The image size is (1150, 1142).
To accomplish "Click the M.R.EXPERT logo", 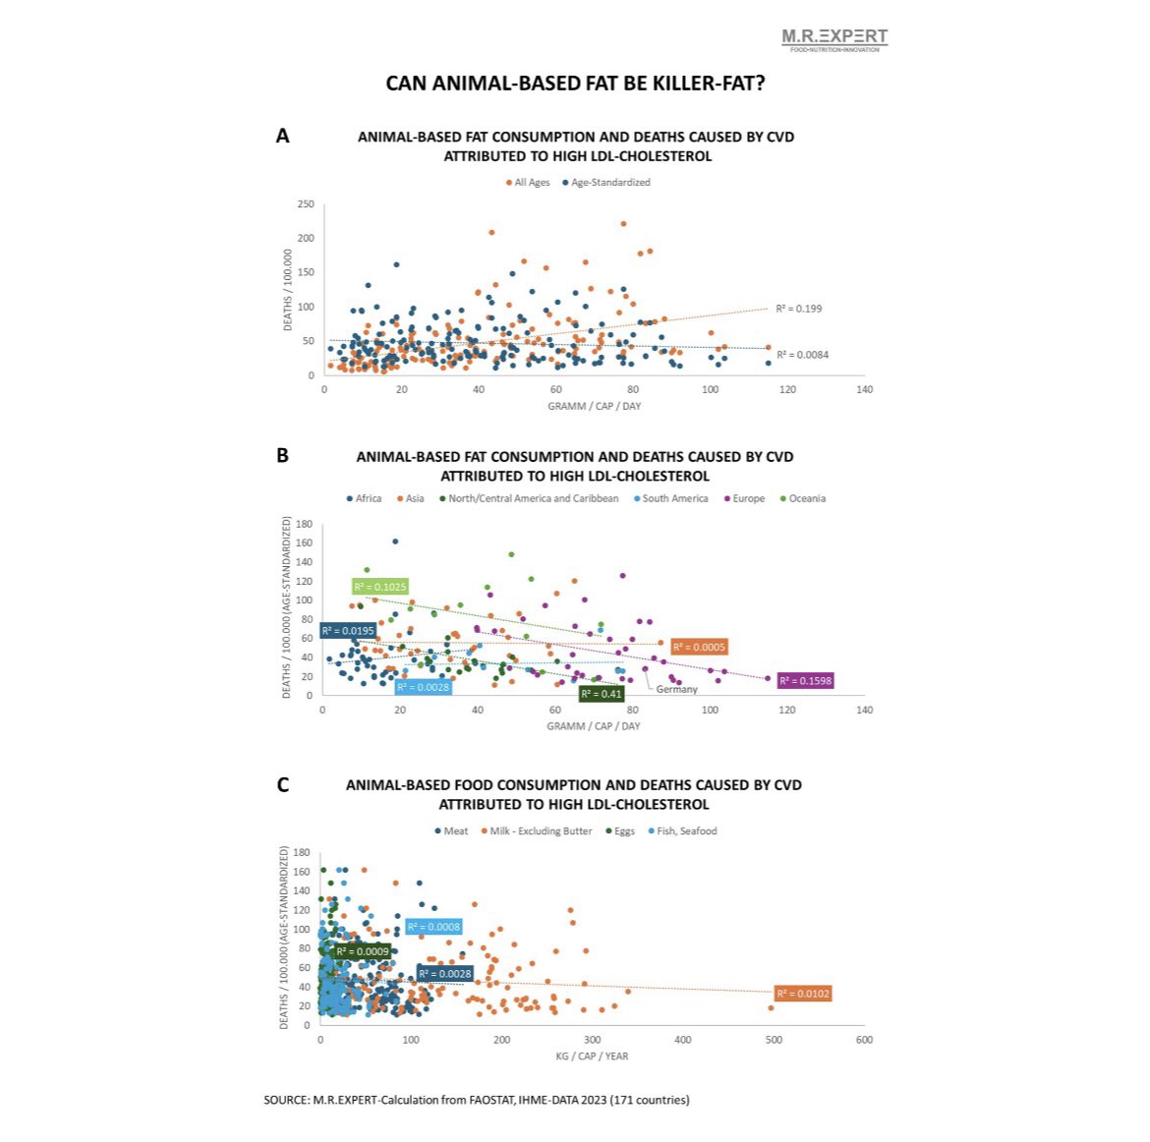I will pyautogui.click(x=834, y=38).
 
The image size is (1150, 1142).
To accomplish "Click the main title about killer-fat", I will pyautogui.click(x=575, y=84).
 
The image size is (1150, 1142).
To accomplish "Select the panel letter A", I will pyautogui.click(x=282, y=137).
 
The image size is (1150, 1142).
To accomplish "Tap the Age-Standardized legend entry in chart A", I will pyautogui.click(x=609, y=183).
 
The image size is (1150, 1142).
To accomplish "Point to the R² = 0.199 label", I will pyautogui.click(x=798, y=309).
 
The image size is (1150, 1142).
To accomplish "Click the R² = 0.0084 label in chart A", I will pyautogui.click(x=802, y=355).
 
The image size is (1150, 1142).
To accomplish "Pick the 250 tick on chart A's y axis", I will pyautogui.click(x=306, y=204).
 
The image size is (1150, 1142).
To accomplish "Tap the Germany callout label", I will pyautogui.click(x=676, y=689).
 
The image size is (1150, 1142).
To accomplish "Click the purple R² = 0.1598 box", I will pyautogui.click(x=805, y=680).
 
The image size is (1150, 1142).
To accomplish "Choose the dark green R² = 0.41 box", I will pyautogui.click(x=601, y=694).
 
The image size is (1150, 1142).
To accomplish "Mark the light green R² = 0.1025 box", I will pyautogui.click(x=379, y=587).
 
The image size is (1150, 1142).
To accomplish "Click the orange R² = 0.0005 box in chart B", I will pyautogui.click(x=699, y=647).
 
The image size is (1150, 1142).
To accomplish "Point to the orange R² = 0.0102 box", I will pyautogui.click(x=803, y=994).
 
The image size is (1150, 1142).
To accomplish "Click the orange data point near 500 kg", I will pyautogui.click(x=771, y=1007).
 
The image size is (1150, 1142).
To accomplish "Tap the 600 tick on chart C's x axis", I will pyautogui.click(x=864, y=1040).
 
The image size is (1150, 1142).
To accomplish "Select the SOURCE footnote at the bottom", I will pyautogui.click(x=477, y=1100).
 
